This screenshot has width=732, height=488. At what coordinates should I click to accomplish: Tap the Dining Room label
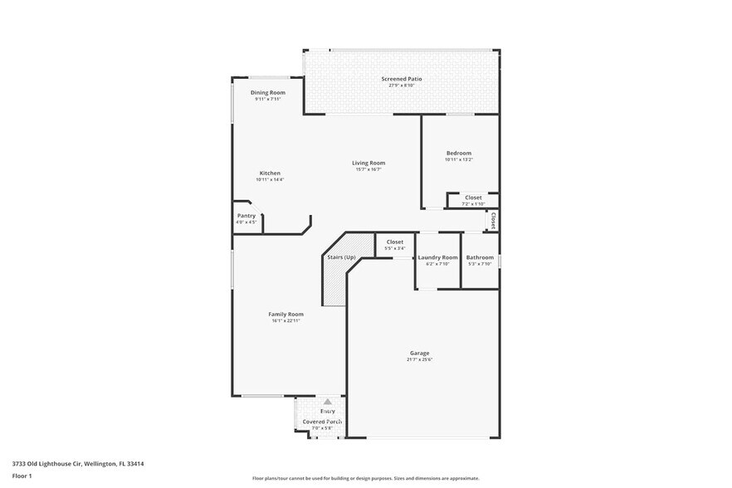[268, 92]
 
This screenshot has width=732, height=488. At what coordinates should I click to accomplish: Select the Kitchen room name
[269, 173]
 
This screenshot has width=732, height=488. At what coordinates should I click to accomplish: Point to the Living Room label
[368, 163]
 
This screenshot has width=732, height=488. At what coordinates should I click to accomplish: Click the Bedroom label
[458, 153]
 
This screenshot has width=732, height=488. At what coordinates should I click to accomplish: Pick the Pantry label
[246, 216]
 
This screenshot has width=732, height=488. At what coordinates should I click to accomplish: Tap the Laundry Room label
[437, 257]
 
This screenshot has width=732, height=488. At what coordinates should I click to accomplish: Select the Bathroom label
[480, 257]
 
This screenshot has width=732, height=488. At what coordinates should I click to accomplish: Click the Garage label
[420, 352]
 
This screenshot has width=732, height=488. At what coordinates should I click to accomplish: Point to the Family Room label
[285, 314]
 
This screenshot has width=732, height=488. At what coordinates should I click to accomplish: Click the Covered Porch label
[322, 422]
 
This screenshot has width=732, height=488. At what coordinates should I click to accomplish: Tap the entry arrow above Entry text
[327, 402]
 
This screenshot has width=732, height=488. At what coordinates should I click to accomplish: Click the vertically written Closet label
[493, 221]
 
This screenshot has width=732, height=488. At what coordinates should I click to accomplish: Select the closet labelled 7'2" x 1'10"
[473, 203]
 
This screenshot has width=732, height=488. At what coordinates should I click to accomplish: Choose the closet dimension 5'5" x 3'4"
[394, 247]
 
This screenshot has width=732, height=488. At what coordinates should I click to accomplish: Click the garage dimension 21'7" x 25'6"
[420, 359]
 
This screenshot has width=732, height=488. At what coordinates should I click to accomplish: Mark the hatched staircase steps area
[335, 286]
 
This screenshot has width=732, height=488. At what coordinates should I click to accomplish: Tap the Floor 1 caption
[22, 476]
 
